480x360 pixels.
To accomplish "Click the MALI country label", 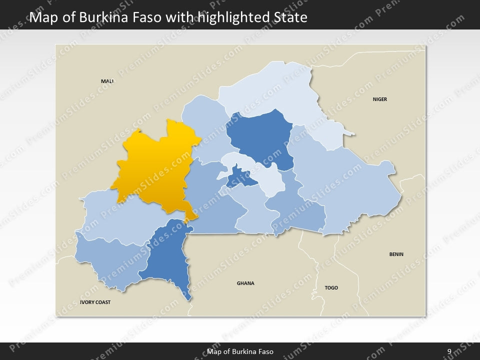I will (x=107, y=81).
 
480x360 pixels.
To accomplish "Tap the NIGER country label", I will (x=379, y=99).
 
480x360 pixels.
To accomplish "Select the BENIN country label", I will (x=396, y=254).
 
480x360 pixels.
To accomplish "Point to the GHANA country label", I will (x=245, y=283).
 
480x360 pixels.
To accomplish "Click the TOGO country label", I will (x=331, y=288).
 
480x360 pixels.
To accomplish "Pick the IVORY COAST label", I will (x=95, y=302).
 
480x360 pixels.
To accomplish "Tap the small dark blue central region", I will (x=239, y=177).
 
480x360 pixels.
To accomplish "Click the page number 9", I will (x=449, y=351).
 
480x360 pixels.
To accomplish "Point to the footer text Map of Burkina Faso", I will (x=240, y=351).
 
